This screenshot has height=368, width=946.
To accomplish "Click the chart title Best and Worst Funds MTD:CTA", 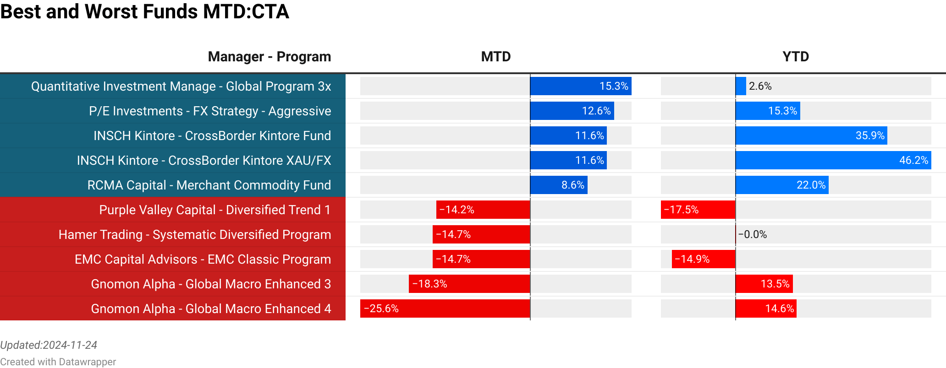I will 144,12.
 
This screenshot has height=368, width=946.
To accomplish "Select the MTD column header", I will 495,57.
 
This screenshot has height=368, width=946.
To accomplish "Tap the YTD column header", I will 796,57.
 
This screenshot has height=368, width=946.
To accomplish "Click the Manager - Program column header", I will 269,57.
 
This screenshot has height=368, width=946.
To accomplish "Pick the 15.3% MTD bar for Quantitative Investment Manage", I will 581,86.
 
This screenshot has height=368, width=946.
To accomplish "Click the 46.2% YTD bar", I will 833,160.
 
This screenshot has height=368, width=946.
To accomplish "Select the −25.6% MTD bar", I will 445,308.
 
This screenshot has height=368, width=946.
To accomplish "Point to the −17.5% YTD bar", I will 698,210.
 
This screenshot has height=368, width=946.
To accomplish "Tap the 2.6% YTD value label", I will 760,86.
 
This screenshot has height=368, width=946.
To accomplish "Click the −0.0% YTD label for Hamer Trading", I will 753,234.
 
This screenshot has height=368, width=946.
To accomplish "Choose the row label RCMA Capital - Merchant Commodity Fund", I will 209,185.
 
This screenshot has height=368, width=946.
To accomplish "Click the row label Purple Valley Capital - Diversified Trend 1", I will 214,210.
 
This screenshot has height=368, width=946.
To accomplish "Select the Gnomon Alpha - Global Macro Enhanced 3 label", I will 211,284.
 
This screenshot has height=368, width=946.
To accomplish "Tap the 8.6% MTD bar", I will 559,185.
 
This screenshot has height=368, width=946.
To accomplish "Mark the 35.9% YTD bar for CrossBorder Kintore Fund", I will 811,135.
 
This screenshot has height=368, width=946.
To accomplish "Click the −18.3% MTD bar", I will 469,284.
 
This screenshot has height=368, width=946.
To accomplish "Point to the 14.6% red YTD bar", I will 766,308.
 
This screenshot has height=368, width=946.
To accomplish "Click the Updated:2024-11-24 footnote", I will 49,345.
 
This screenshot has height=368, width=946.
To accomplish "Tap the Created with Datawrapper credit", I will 58,362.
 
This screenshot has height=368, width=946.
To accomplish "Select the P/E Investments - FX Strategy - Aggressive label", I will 210,111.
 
